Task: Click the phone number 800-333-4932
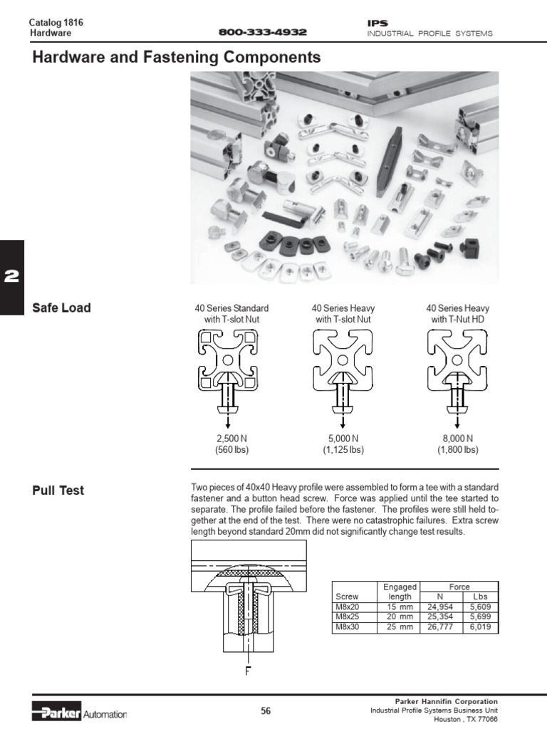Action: pos(262,33)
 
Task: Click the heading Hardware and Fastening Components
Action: pos(177,58)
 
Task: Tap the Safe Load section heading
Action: pos(61,308)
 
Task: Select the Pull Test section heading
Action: pos(58,491)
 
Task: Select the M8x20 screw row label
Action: pos(345,607)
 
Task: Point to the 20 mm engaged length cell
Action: pos(399,617)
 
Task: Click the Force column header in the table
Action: pos(460,587)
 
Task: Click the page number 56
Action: pos(266,710)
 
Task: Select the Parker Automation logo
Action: pos(79,713)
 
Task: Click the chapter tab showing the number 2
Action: pos(12,278)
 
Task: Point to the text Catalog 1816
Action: pos(56,23)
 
